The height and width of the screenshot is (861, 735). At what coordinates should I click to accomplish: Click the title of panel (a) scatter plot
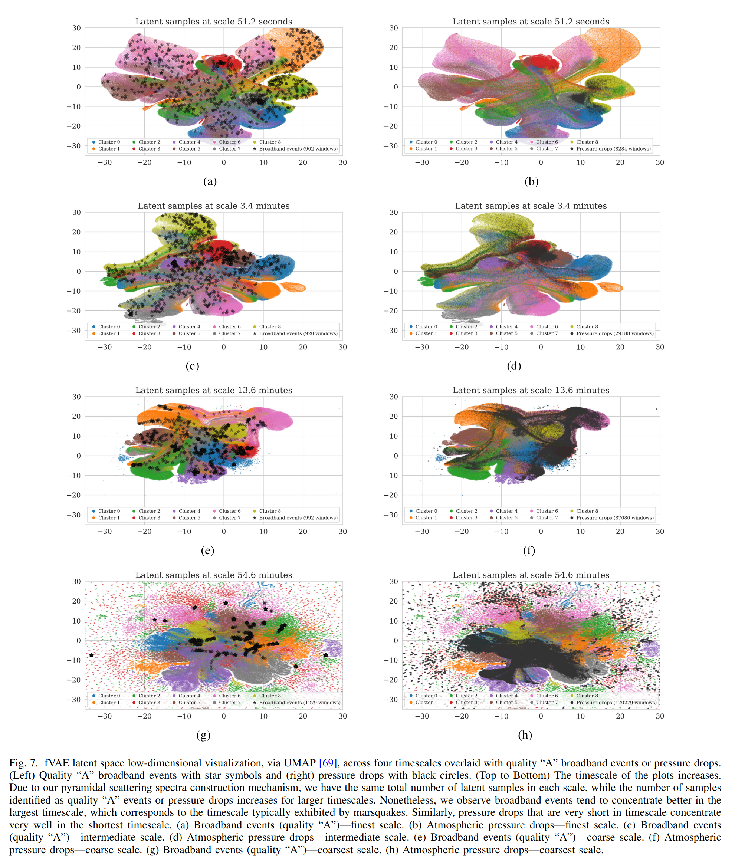point(214,22)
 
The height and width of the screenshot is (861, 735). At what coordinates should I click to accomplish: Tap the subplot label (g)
point(203,735)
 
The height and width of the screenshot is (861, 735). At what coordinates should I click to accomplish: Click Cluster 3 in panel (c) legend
point(149,333)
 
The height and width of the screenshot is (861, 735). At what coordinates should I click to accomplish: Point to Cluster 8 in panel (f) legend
point(587,511)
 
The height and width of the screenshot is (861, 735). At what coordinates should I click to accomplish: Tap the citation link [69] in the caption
point(328,763)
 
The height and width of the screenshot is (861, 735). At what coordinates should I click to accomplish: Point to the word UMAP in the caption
point(300,763)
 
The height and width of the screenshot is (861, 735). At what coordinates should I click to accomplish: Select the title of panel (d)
point(531,206)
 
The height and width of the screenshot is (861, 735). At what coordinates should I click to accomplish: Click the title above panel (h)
point(531,575)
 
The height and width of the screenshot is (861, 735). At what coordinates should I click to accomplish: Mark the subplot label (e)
point(207,551)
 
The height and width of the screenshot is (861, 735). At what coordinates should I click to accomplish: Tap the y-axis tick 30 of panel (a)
point(76,28)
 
